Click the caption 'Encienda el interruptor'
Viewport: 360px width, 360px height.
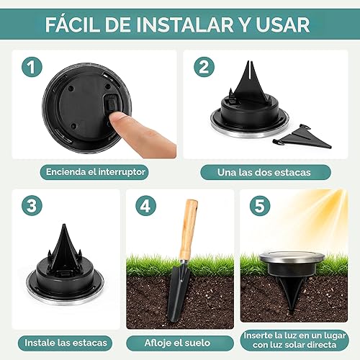click(94, 172)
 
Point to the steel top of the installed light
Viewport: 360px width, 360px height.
click(288, 257)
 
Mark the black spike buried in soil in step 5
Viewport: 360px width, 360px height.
click(287, 295)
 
